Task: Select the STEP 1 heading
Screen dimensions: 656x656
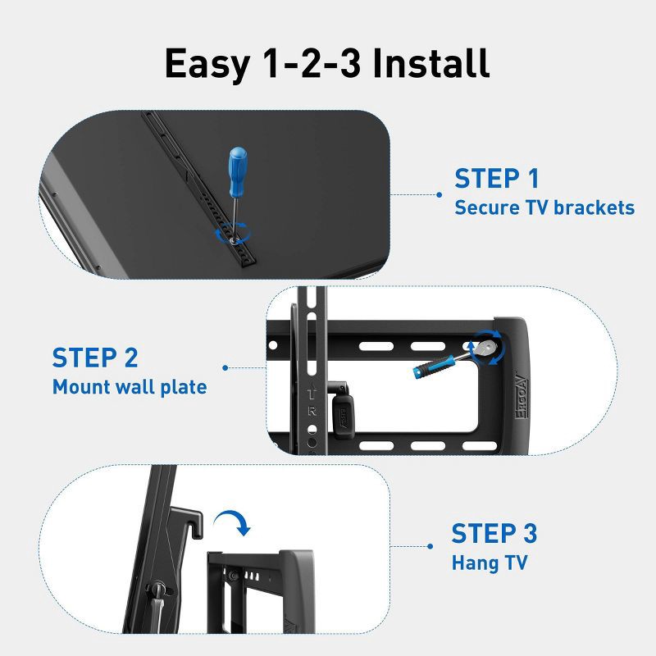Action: coord(497,179)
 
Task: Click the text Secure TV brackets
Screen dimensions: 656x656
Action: coord(544,207)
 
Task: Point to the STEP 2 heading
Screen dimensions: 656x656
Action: coord(95,358)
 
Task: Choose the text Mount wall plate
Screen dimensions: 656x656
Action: coord(130,386)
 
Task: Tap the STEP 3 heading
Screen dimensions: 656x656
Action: coord(494,533)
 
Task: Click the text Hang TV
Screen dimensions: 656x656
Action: coord(490,563)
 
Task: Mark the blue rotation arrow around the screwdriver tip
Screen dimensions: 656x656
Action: coord(232,237)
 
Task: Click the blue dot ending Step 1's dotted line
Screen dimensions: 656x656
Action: coord(440,195)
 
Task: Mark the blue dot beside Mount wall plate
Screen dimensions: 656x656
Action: coord(225,368)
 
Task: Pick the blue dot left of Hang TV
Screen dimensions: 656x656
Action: coord(430,545)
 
